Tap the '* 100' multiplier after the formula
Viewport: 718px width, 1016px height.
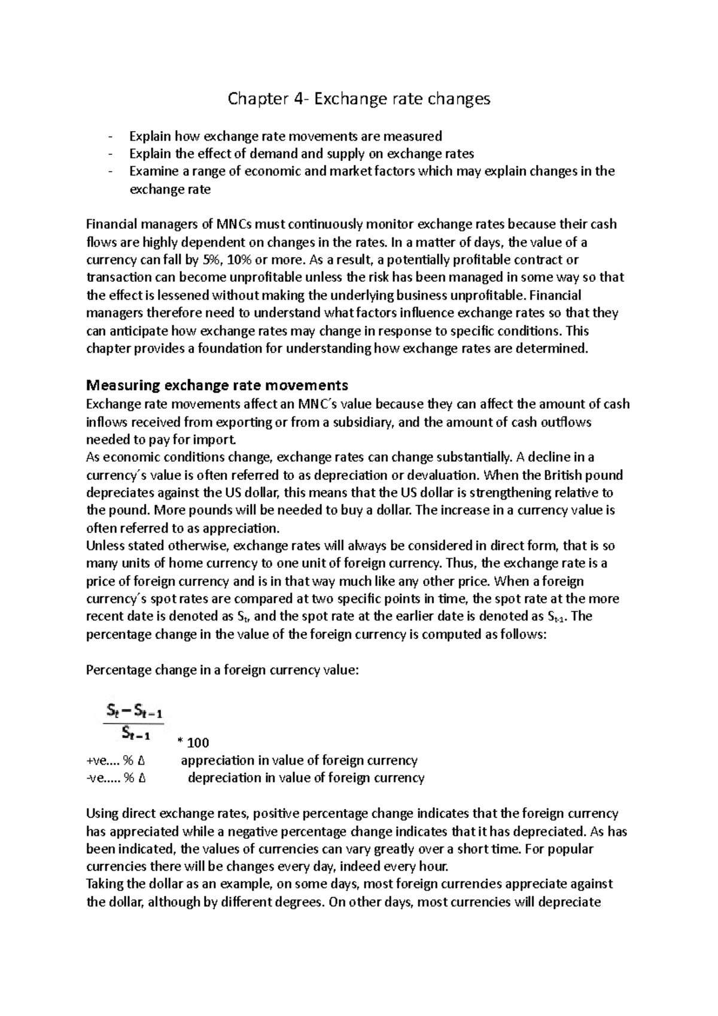(x=193, y=743)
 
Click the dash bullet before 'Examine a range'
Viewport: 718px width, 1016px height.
(x=111, y=172)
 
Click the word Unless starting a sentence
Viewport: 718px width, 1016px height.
(x=105, y=546)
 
